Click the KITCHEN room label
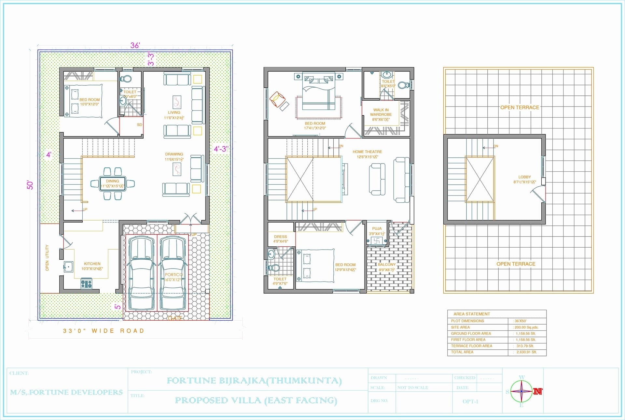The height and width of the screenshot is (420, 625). coord(92,264)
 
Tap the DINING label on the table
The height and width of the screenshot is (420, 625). coord(112,181)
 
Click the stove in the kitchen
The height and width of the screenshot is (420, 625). coord(86,283)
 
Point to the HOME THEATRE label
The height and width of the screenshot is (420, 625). coord(367,152)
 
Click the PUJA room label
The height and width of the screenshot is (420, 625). coord(377,229)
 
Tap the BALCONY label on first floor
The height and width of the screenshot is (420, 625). coord(387,265)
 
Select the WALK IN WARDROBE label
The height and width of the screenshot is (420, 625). coord(381,112)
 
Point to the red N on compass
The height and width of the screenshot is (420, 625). coord(538,391)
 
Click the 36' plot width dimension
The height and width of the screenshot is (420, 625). coord(135,45)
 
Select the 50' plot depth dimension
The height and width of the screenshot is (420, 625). coord(30,185)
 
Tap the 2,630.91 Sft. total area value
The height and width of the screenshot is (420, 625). coord(526,352)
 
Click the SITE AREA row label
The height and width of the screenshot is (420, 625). coord(460,327)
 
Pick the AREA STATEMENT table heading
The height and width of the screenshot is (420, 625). coord(472,314)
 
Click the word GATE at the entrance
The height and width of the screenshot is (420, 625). coord(174,318)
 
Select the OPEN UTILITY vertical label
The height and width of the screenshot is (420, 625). coord(47,258)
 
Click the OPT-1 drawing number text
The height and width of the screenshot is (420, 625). coord(470,401)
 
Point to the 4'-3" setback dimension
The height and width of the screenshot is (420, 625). coord(221,149)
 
